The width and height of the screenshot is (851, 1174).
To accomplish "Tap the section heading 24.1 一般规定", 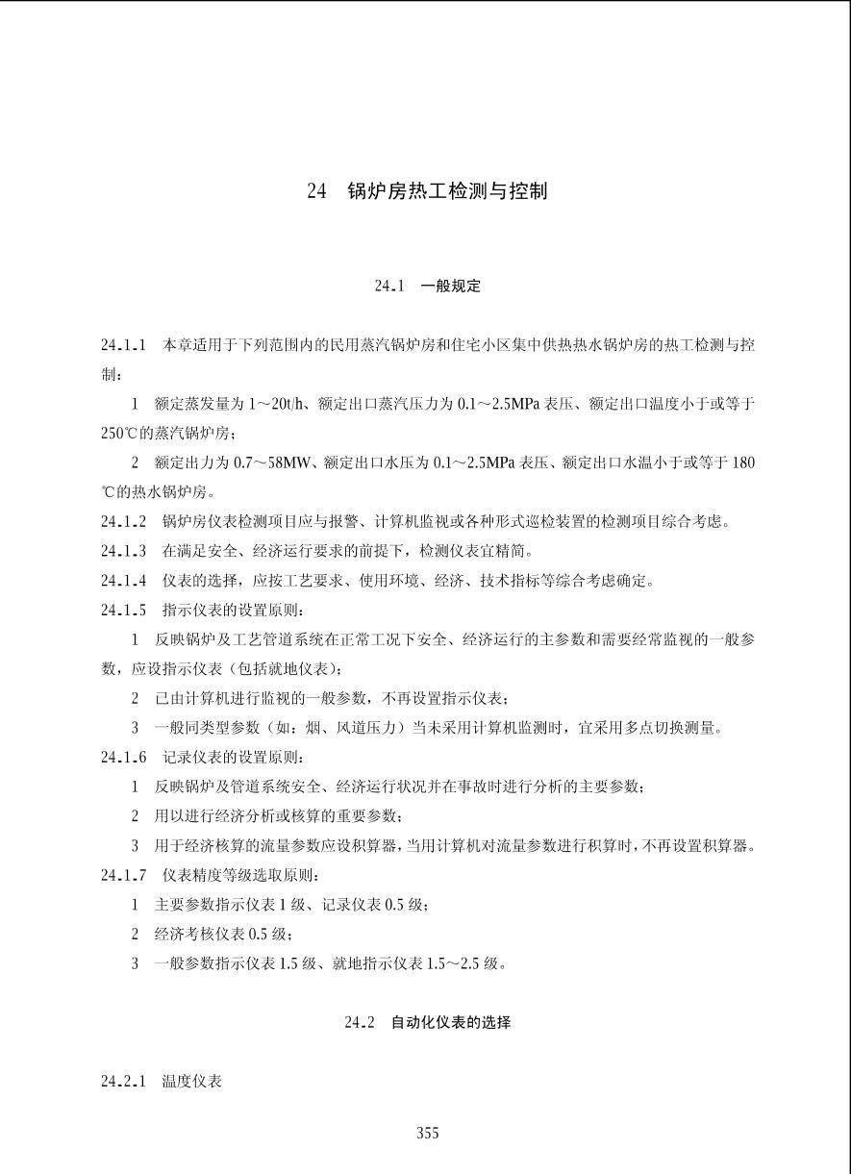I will (427, 286).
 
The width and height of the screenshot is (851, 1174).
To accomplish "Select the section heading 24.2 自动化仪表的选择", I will (427, 1022).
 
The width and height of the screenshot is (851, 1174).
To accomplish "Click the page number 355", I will (428, 1134).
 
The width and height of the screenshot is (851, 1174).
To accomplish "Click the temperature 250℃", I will (121, 434).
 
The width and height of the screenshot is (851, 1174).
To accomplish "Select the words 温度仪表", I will (192, 1082).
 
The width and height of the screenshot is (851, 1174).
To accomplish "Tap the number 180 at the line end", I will (743, 463).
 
